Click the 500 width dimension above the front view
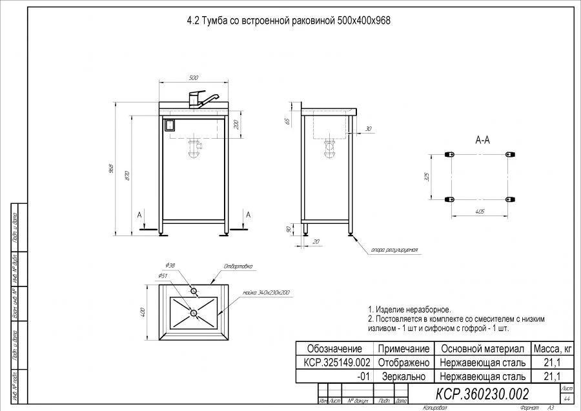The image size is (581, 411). pos(193,78)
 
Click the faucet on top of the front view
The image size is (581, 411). pos(197,99)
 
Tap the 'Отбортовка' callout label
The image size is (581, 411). pos(237,266)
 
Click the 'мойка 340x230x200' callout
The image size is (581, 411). pos(266,292)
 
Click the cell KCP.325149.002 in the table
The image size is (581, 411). pos(336,362)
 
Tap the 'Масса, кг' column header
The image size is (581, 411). pos(551,348)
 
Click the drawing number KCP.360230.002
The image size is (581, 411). pos(483,394)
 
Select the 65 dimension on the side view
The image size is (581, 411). pos(287,121)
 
